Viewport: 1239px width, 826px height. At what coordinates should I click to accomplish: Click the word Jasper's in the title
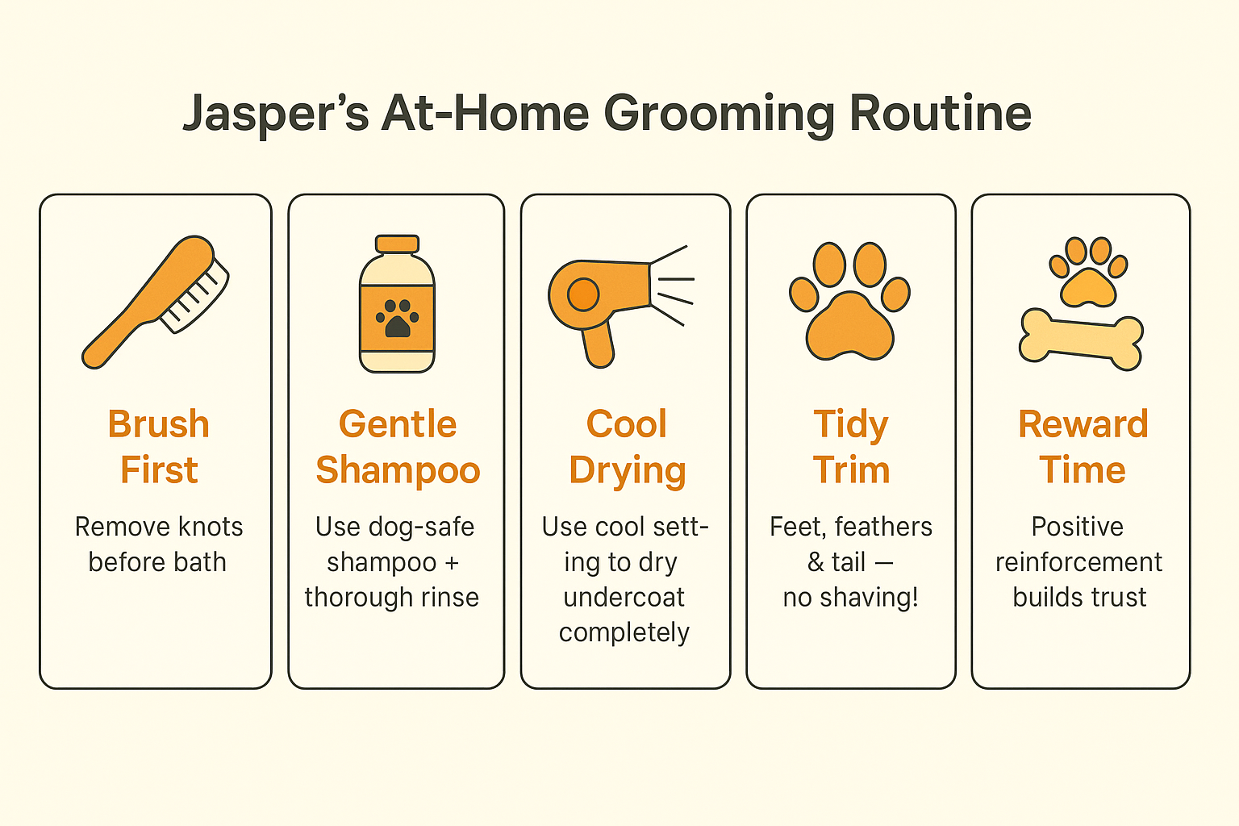click(x=275, y=114)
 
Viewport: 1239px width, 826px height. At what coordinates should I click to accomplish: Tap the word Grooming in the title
click(x=718, y=114)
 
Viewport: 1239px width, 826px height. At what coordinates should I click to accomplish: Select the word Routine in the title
click(x=940, y=114)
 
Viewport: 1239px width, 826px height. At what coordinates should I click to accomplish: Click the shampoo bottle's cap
click(x=397, y=244)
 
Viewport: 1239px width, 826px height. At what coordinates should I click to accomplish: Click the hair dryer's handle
click(x=598, y=343)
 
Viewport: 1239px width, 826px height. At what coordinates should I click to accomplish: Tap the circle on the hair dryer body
click(x=582, y=294)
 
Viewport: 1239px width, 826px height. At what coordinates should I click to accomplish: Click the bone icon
click(x=1081, y=339)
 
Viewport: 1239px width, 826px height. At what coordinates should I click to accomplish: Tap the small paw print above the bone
click(x=1088, y=273)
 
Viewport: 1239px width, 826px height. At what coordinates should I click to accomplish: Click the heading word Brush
click(x=159, y=424)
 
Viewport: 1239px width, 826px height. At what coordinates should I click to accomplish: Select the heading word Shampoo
click(x=398, y=470)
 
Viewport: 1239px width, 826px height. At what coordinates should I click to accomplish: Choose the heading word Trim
click(x=851, y=470)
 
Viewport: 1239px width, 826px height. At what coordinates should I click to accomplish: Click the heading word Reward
click(x=1083, y=424)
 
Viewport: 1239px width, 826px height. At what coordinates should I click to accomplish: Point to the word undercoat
click(x=624, y=598)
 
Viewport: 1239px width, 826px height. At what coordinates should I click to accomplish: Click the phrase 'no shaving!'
click(x=850, y=598)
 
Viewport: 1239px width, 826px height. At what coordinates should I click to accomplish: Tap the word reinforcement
click(x=1078, y=562)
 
